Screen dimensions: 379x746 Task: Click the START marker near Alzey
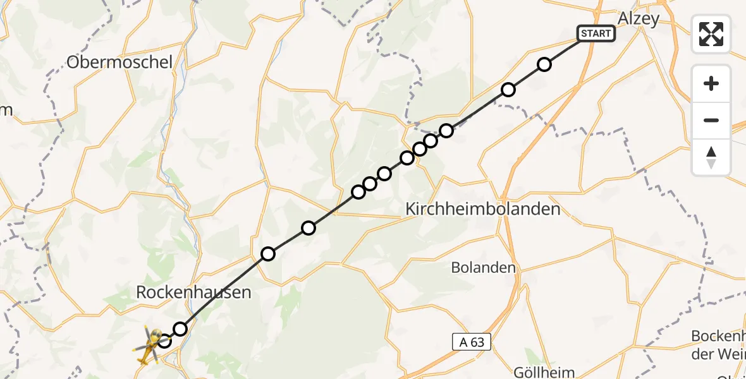click(596, 33)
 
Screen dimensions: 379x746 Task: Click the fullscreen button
click(711, 34)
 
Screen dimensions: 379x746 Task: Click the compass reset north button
click(711, 157)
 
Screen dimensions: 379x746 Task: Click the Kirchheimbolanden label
click(482, 208)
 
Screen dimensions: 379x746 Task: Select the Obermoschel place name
click(119, 62)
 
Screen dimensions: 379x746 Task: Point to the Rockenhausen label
click(194, 292)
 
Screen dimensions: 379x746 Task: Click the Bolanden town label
click(484, 267)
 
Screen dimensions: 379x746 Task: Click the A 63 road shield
click(472, 342)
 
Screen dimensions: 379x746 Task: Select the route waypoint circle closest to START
click(544, 64)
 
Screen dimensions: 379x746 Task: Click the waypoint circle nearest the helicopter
click(164, 341)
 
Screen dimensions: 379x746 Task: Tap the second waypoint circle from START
click(508, 90)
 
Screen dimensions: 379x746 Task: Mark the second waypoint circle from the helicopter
click(181, 328)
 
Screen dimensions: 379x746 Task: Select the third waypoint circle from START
click(446, 131)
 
